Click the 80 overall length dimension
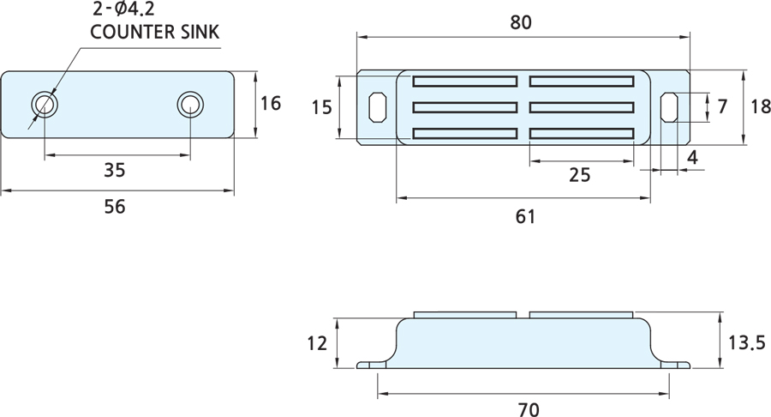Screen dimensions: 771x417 coord(521,22)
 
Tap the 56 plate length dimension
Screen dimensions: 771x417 coord(115,207)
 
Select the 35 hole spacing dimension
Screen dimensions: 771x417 coord(115,171)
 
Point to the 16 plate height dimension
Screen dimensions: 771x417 coord(271,103)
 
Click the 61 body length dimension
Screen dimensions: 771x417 coord(525,216)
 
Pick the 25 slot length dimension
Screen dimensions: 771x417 coord(580,175)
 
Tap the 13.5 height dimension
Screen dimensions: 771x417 coord(746,342)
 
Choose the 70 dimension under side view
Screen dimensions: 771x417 coord(529,409)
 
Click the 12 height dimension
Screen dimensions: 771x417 coord(317,343)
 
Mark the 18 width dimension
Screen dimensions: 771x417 coord(760,106)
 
